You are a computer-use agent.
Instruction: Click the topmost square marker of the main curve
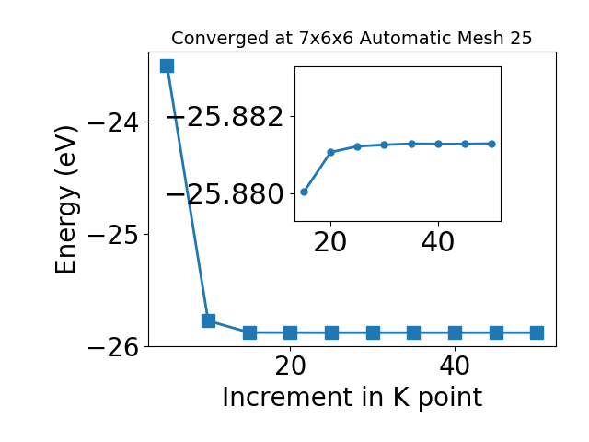[x=167, y=65]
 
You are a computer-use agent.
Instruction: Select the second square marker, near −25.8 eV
[x=209, y=321]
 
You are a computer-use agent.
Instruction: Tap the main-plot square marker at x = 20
[x=291, y=332]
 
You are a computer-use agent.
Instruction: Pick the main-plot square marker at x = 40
[x=455, y=332]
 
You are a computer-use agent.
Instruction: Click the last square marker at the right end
[x=537, y=332]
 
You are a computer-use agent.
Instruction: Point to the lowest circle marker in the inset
[x=305, y=192]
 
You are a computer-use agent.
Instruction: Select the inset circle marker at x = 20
[x=331, y=152]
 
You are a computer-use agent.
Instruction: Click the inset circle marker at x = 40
[x=438, y=144]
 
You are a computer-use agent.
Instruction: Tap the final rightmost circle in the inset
[x=492, y=144]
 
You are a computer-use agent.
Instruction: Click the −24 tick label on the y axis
[x=113, y=122]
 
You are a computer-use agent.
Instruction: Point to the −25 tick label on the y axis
[x=113, y=235]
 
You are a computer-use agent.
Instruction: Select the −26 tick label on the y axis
[x=113, y=347]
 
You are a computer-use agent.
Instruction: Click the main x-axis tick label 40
[x=455, y=366]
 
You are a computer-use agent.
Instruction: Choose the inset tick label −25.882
[x=225, y=117]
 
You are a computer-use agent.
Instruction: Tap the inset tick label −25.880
[x=225, y=194]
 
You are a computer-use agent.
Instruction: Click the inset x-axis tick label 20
[x=329, y=242]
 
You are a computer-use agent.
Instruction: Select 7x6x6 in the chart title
[x=326, y=39]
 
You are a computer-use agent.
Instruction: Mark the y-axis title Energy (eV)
[x=66, y=200]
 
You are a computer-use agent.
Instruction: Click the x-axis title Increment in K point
[x=352, y=398]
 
